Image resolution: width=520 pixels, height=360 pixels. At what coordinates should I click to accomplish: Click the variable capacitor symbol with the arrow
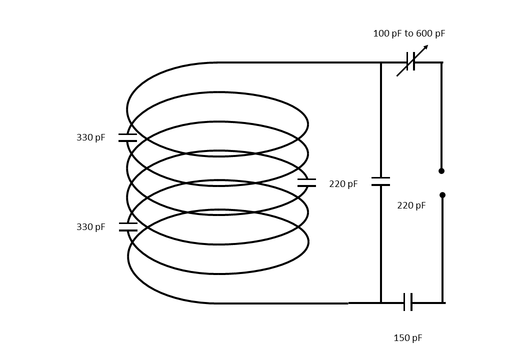point(410,61)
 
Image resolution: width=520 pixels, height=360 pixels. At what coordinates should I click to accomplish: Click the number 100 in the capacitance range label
point(380,33)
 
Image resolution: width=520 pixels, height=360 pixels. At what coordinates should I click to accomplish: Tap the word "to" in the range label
point(408,33)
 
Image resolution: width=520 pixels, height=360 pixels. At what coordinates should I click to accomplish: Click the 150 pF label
point(408,338)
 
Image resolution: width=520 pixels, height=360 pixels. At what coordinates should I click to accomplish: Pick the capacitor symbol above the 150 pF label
point(408,302)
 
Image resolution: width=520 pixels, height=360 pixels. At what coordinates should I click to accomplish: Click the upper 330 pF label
point(90,137)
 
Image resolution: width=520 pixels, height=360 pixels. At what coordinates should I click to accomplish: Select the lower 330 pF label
point(90,227)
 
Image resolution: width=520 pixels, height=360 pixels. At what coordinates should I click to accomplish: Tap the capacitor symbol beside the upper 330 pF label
point(127,137)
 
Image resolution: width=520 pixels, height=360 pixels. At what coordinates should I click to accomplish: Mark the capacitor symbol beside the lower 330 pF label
point(128,227)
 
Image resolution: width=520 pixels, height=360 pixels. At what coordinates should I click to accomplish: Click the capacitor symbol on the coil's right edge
point(306,182)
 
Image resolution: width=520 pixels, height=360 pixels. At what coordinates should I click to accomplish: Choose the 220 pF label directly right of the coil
point(343,184)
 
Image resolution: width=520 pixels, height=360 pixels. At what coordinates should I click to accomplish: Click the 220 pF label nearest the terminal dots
point(411,205)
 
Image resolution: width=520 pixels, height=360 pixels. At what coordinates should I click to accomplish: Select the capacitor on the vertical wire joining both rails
point(380,181)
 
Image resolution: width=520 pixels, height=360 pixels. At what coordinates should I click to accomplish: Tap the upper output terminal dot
point(441,171)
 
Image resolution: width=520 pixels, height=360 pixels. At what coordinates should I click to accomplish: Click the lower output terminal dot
point(442,195)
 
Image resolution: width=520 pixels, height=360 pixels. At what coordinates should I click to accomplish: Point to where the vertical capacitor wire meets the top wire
point(380,62)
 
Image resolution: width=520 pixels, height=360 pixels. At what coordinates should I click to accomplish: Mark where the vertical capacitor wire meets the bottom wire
point(380,302)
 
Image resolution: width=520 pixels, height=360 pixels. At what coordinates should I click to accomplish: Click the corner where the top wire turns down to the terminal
point(441,62)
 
